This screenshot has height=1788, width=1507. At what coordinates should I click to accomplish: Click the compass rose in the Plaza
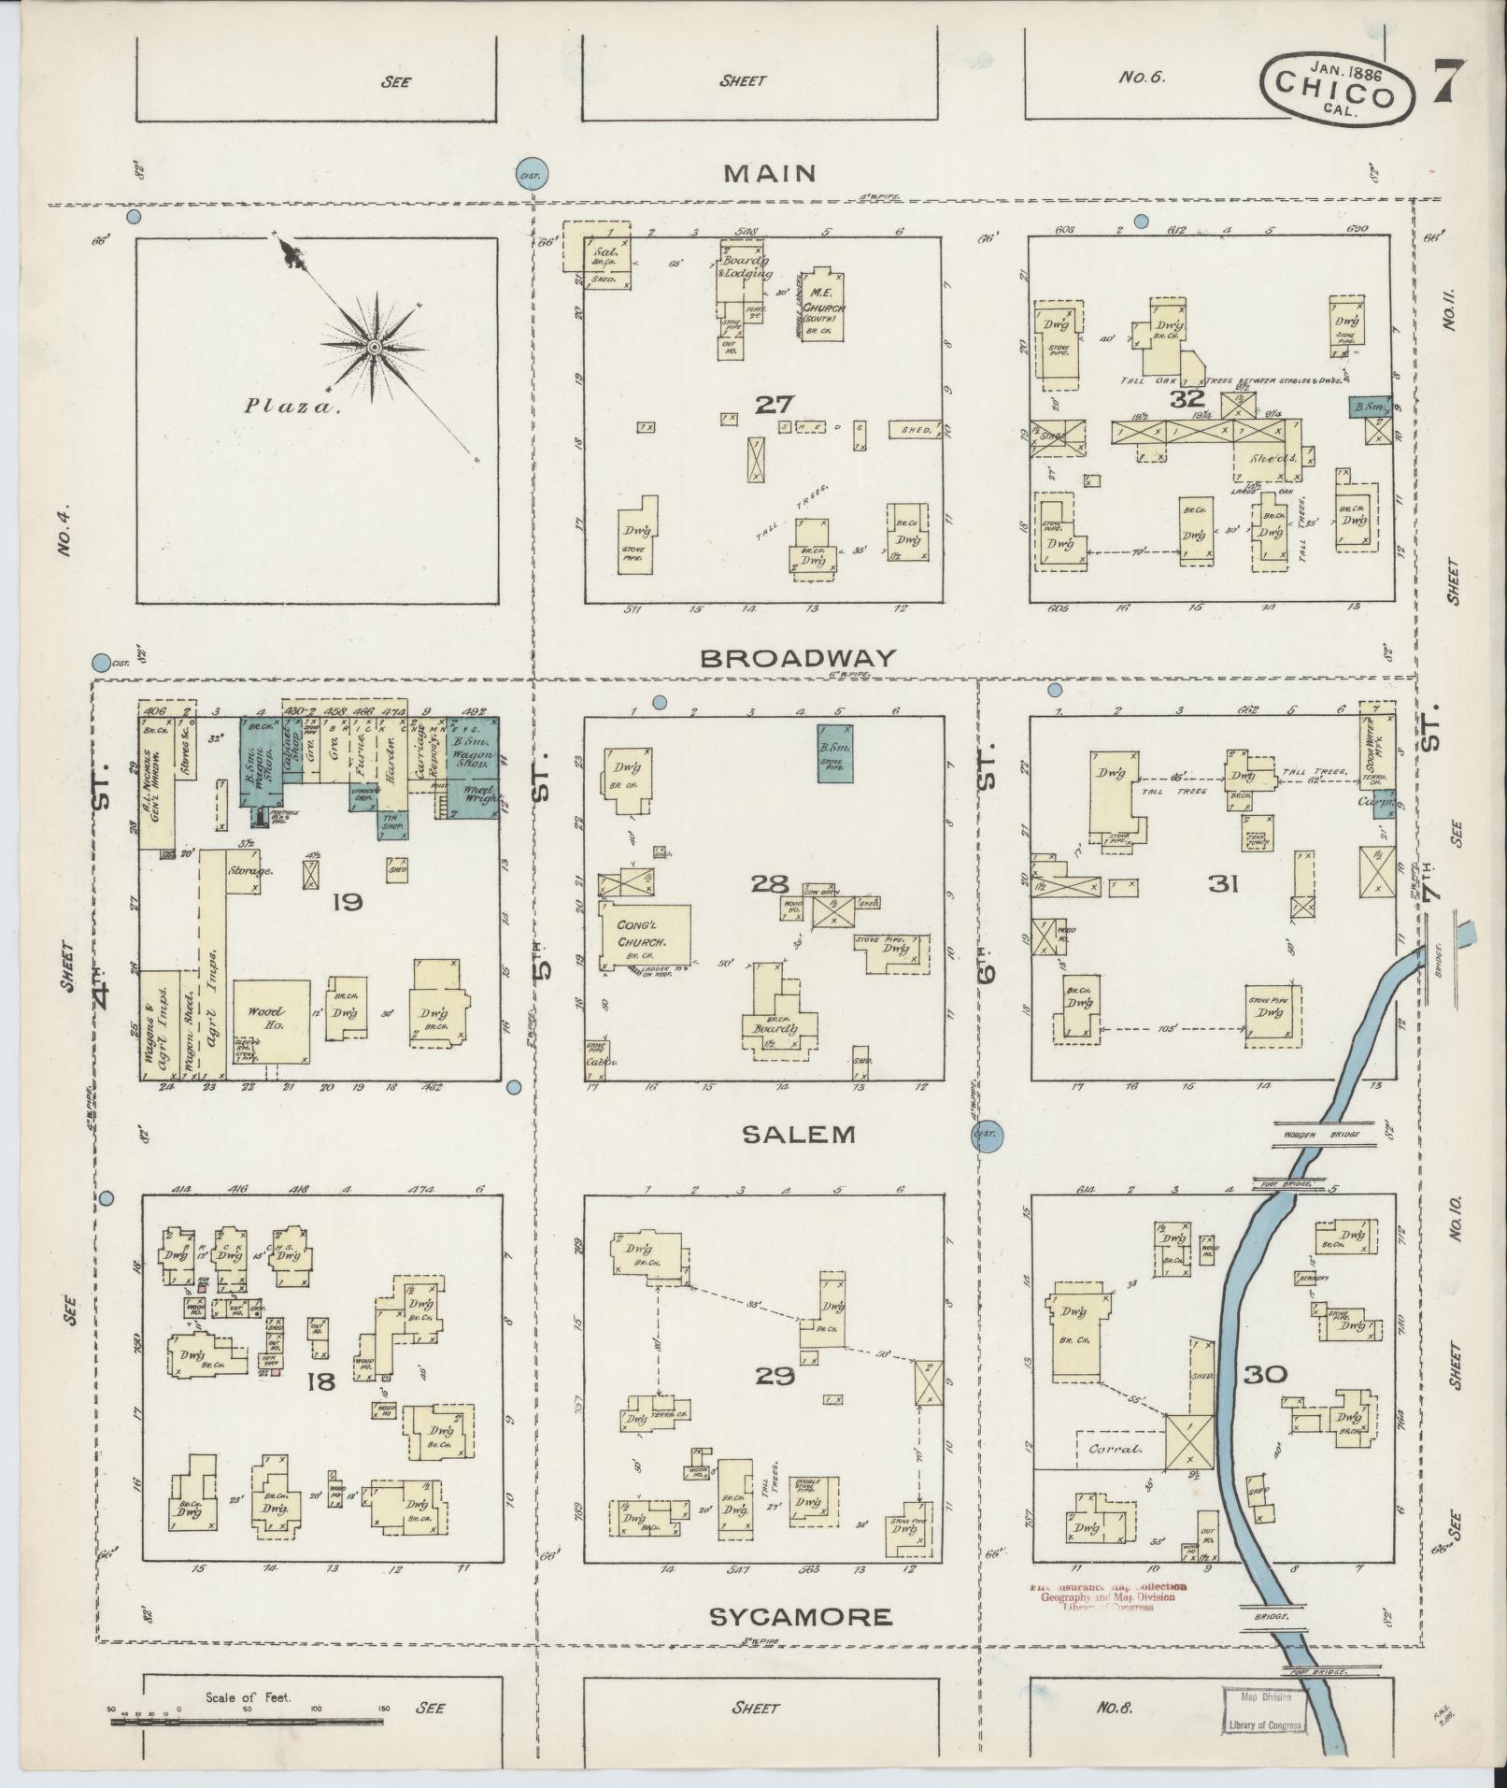(x=374, y=347)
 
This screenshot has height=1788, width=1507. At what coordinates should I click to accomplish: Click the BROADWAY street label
(x=798, y=658)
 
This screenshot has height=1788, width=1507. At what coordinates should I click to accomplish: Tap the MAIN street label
(x=770, y=173)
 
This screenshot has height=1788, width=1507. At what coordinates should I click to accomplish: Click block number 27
(x=775, y=405)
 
